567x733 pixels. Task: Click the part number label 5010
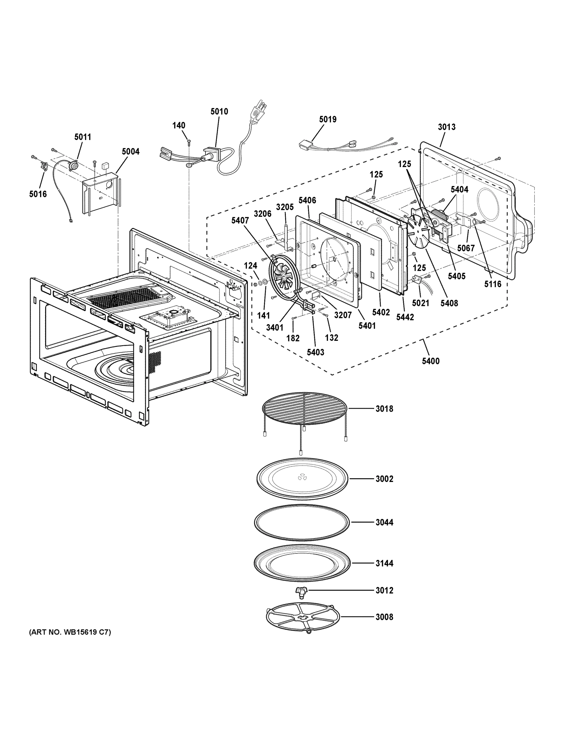click(x=219, y=112)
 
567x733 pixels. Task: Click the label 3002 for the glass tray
click(x=384, y=479)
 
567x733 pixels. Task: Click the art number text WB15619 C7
click(x=70, y=632)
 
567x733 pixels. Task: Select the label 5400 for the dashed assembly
click(x=431, y=361)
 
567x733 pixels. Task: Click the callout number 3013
click(x=446, y=127)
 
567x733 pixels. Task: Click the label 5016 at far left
click(x=38, y=194)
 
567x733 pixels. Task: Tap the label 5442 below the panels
click(x=405, y=317)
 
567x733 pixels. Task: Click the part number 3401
click(x=274, y=328)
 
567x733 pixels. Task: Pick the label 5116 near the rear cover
click(x=492, y=284)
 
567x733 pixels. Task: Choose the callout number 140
click(x=179, y=126)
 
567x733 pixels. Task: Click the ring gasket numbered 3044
click(x=302, y=523)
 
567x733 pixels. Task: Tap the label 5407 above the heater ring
click(x=240, y=221)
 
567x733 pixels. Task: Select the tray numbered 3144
click(x=302, y=563)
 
